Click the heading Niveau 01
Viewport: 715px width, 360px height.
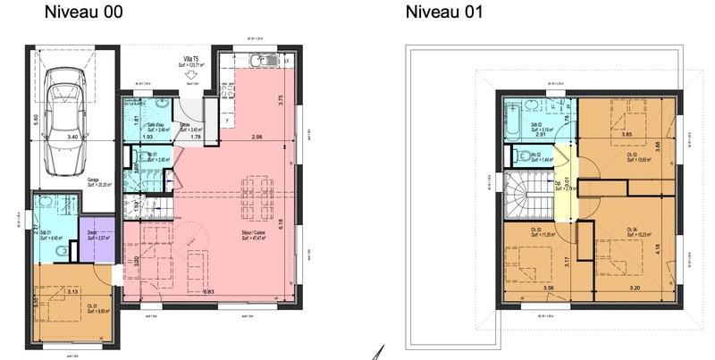444,13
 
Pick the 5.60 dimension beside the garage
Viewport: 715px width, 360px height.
37,117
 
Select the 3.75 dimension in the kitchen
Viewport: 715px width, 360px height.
281,100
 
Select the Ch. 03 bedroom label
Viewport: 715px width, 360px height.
631,158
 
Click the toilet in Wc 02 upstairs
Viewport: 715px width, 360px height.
522,156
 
